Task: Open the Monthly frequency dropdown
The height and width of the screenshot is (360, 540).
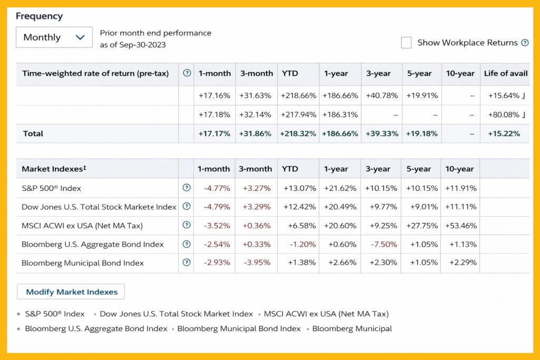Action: (x=54, y=37)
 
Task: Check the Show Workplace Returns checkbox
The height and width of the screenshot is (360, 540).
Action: (x=406, y=43)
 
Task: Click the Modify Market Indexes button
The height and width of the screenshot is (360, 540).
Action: (x=71, y=292)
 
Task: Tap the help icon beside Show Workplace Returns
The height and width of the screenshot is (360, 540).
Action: (x=525, y=43)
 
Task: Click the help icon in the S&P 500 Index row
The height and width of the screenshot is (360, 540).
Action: (x=186, y=188)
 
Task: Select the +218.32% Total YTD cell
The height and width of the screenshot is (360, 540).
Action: (x=298, y=133)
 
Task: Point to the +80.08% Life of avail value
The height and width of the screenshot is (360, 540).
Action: (x=504, y=114)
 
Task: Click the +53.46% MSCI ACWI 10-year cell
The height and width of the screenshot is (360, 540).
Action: (x=461, y=226)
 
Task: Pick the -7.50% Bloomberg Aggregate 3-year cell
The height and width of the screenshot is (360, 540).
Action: (x=384, y=245)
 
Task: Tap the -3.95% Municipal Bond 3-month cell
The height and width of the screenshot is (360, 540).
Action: (x=257, y=262)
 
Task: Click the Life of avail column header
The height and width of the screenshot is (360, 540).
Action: (x=506, y=73)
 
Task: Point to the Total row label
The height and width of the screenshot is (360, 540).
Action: (x=33, y=133)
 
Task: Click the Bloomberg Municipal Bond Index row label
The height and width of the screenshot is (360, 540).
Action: (x=83, y=263)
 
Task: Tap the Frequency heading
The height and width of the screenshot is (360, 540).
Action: (x=39, y=16)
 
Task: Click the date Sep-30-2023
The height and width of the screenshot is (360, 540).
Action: (x=142, y=45)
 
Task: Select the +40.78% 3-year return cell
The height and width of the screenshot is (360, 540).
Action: (x=382, y=95)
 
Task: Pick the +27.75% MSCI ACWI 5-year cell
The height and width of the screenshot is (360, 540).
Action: (x=422, y=226)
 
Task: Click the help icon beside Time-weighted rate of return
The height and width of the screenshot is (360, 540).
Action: (x=187, y=73)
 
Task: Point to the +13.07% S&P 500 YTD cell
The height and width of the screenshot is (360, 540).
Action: (x=300, y=188)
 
